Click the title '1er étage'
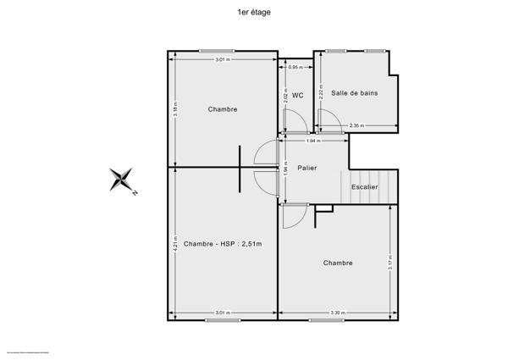click(x=254, y=13)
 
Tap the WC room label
click(x=298, y=95)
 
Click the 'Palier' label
click(x=306, y=169)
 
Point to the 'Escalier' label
click(x=364, y=186)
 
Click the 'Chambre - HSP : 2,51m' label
click(x=223, y=245)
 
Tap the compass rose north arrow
click(x=123, y=179)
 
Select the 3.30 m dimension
click(x=336, y=313)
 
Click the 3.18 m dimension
click(x=175, y=111)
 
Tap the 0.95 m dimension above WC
click(x=295, y=67)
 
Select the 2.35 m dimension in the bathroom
click(x=356, y=125)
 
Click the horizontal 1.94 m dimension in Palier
click(x=314, y=140)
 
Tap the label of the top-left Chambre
click(x=223, y=109)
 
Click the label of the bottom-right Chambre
click(x=338, y=263)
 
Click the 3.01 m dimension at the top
click(x=222, y=59)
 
